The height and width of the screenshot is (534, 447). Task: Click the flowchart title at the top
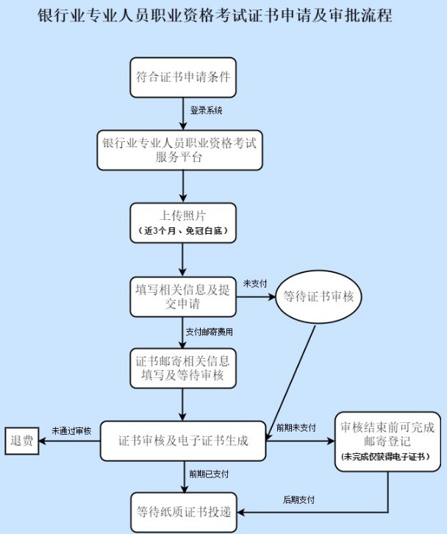coord(215,15)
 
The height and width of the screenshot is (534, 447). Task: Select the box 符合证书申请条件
coord(183,78)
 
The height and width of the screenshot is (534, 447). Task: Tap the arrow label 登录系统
coord(206,110)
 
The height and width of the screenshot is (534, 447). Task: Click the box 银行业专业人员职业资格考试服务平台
coord(179,150)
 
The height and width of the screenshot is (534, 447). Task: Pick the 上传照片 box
coord(183,223)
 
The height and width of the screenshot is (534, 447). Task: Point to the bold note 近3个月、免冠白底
coord(183,231)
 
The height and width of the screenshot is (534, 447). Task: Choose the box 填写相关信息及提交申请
coord(183,296)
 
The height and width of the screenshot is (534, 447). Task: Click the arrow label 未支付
coord(254,284)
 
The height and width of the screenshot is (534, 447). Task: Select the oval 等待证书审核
coord(318,296)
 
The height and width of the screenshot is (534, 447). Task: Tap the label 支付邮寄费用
coord(210,332)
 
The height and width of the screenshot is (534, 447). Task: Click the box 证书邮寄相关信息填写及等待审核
coord(183,369)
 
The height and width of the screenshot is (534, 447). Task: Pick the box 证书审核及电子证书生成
coord(183,441)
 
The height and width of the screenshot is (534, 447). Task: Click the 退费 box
coord(22,441)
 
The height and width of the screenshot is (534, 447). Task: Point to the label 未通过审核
coord(71,431)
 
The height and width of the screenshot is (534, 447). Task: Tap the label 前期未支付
coord(296,428)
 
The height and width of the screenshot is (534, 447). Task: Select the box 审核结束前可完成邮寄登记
coord(387,442)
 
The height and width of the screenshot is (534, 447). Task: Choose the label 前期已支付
coord(209,474)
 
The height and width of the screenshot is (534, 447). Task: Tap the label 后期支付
coord(298,500)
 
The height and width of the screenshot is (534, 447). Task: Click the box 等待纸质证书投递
coord(184,512)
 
